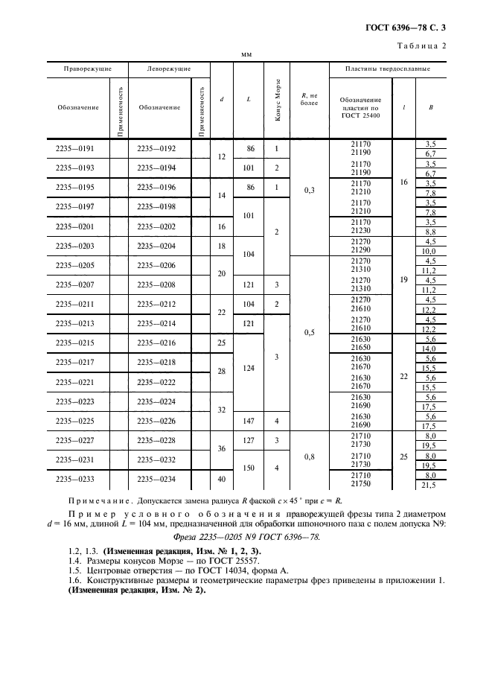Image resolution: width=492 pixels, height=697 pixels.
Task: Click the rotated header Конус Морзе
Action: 278,100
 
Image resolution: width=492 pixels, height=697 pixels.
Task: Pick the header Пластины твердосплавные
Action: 387,69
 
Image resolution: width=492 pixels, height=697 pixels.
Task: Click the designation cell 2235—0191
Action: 77,148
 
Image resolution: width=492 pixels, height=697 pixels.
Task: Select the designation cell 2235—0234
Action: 159,480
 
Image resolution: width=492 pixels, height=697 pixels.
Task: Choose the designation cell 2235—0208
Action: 159,284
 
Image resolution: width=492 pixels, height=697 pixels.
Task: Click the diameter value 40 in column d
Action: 221,480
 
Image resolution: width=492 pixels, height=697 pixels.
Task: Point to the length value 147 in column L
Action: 249,421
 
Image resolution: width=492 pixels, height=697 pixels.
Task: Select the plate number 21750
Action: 360,484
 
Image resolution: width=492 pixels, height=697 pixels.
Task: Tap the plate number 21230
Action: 360,232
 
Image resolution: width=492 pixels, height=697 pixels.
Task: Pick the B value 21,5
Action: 429,485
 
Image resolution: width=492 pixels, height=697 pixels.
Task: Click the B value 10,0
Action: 429,252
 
